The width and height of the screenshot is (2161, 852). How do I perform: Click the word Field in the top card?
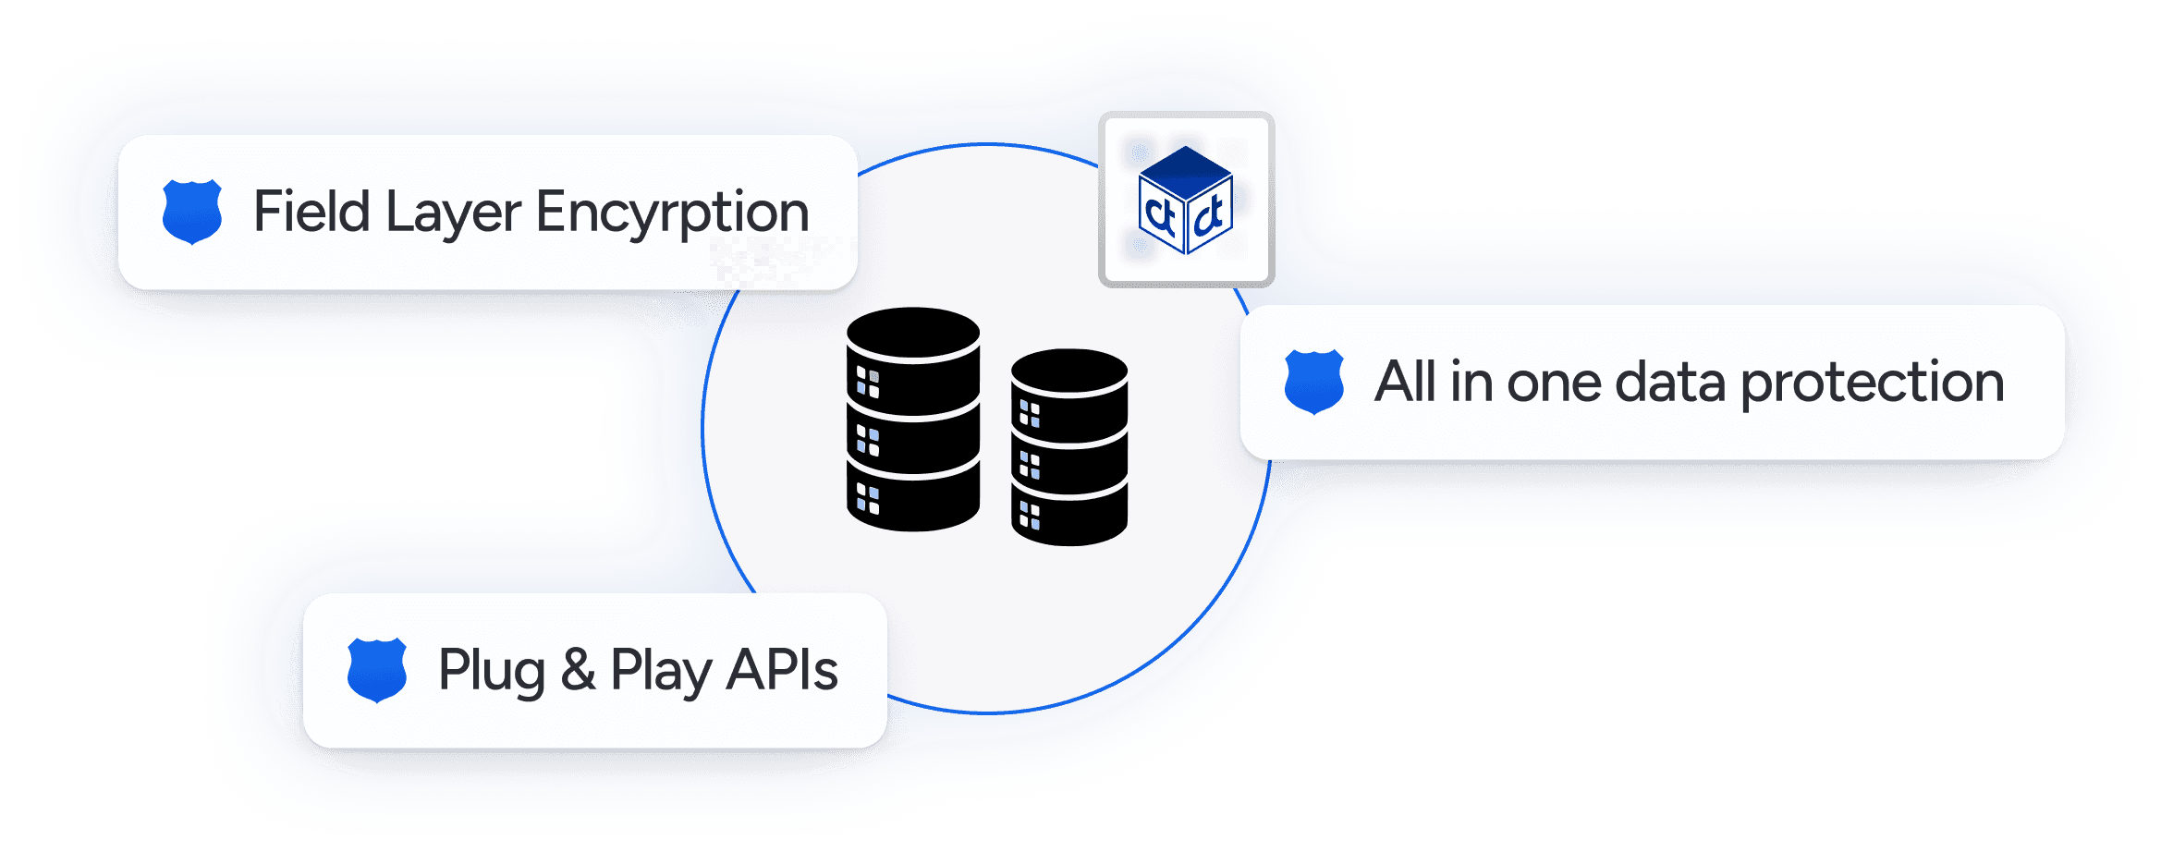(x=311, y=212)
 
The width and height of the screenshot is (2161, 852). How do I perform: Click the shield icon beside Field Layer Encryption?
(x=192, y=212)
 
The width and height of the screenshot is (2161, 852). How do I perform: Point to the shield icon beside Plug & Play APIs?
(x=377, y=670)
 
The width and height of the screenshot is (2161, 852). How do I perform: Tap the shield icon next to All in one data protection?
(x=1313, y=382)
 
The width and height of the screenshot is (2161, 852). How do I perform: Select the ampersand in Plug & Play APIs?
(x=578, y=670)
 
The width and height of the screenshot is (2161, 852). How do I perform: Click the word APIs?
(x=782, y=670)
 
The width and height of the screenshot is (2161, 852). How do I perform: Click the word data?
(x=1669, y=381)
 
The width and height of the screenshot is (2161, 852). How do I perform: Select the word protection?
(x=1873, y=383)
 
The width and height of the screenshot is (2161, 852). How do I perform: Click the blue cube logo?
(x=1186, y=200)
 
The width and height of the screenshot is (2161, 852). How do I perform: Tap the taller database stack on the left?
(x=913, y=420)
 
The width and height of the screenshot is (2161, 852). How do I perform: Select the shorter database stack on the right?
(x=1069, y=447)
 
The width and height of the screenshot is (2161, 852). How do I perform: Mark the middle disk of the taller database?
(x=913, y=442)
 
